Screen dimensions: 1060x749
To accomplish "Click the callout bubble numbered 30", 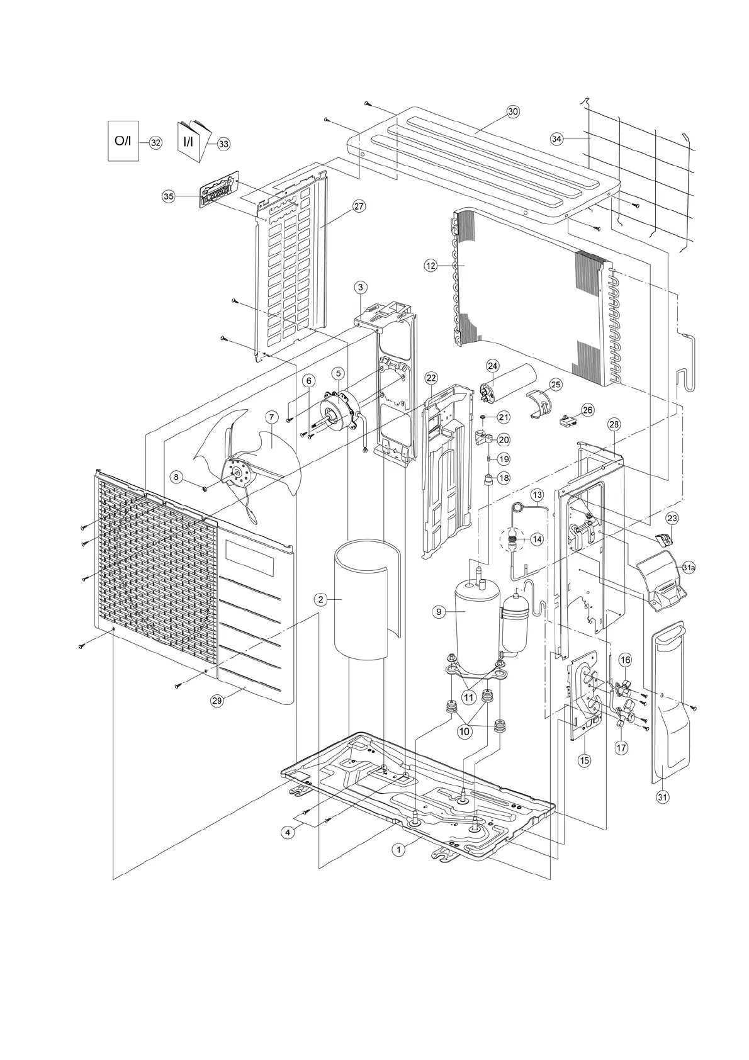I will coord(512,111).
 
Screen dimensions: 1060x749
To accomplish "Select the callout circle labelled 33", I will coord(223,144).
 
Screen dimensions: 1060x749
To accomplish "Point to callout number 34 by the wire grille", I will coord(556,139).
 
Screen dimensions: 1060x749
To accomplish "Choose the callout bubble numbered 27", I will coord(359,206).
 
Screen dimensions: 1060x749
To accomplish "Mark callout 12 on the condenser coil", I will coord(431,266).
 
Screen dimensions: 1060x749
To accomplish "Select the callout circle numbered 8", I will coord(177,478).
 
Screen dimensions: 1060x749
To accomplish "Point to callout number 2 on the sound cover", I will coord(320,599).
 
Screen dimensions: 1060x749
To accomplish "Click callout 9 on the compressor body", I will coord(439,611).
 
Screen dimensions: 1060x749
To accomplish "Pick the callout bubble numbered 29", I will coord(217,702).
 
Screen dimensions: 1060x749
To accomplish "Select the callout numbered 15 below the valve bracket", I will coord(584,760).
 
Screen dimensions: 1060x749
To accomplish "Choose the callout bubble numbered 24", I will coord(492,366).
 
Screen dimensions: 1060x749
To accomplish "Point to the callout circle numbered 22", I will coord(431,378).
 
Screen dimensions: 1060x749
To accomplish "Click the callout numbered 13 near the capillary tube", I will coord(536,495).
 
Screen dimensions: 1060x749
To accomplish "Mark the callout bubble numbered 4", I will coord(288,832).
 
